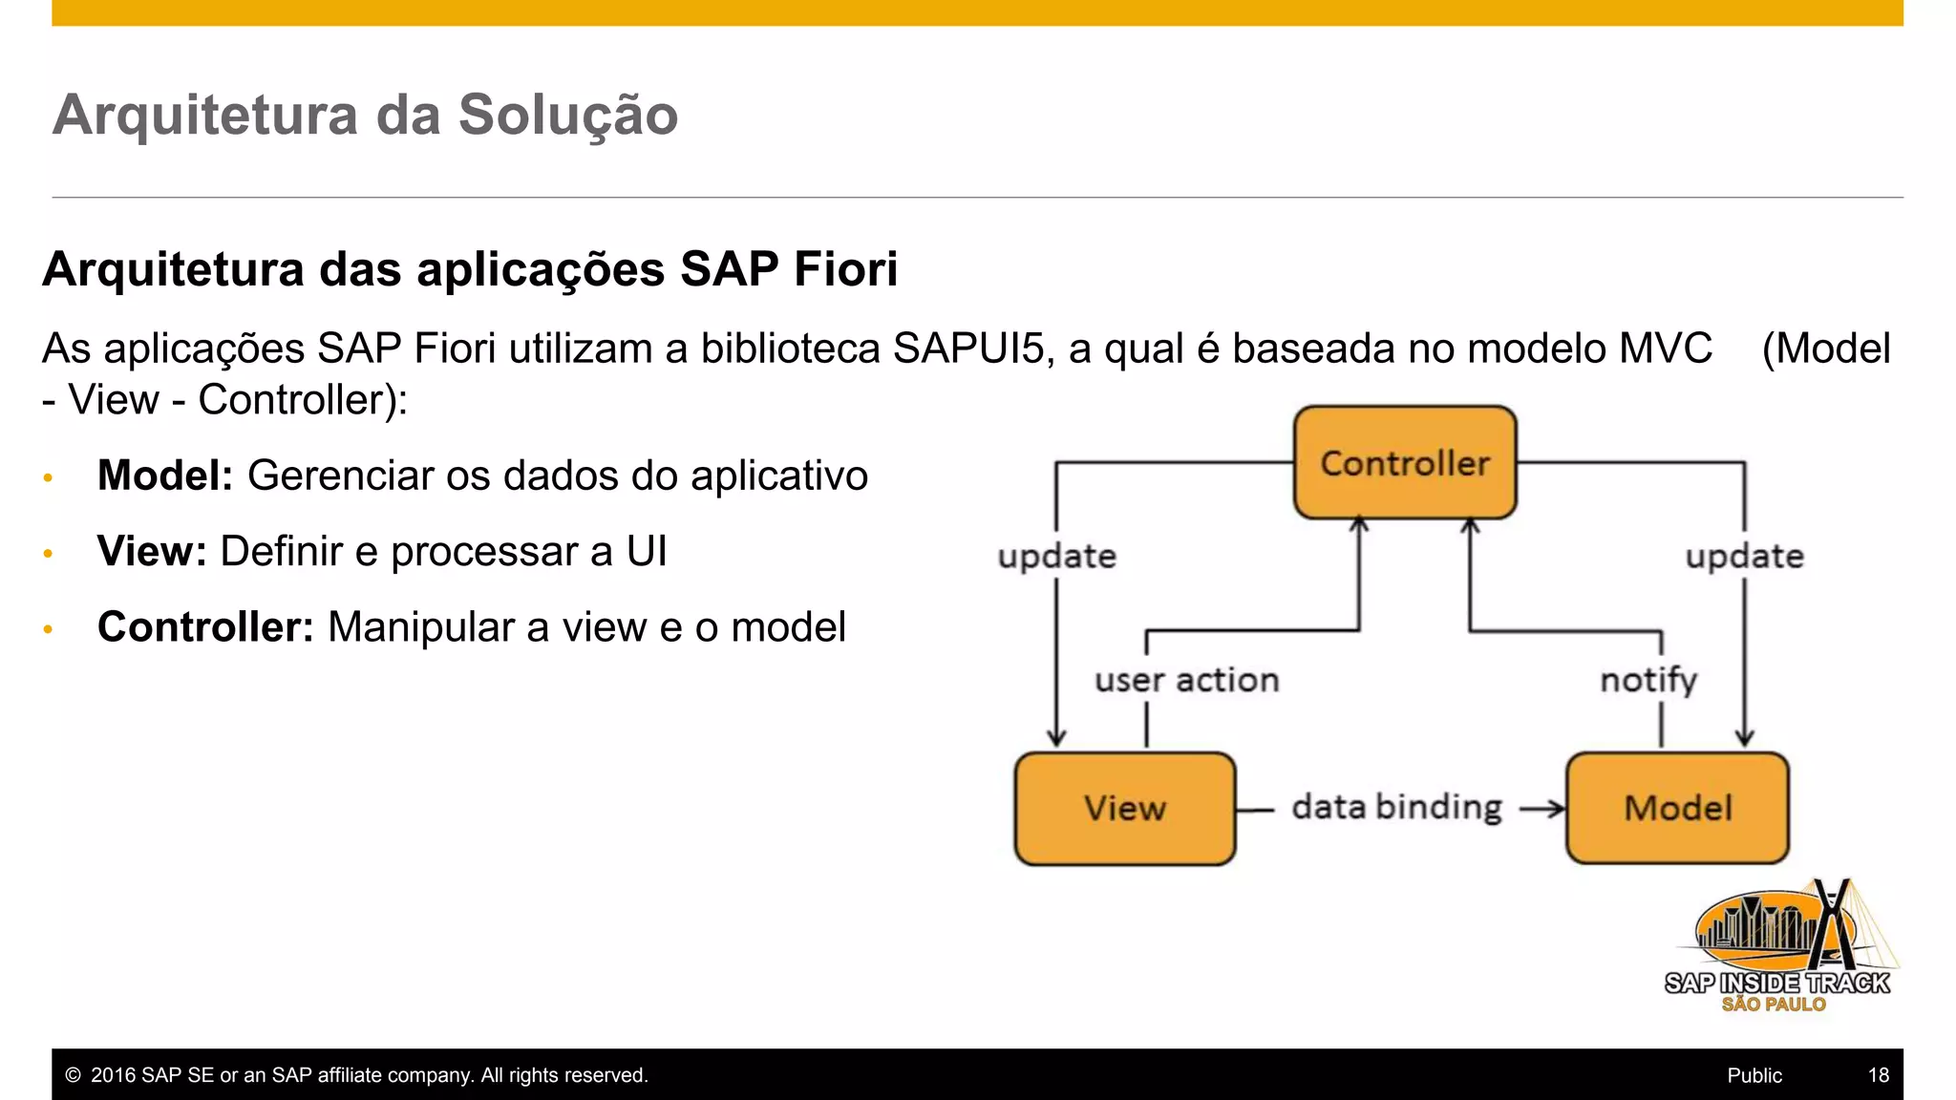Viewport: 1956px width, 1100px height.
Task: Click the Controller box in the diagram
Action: coord(1404,463)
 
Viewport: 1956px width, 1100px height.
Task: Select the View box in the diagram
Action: coord(1124,809)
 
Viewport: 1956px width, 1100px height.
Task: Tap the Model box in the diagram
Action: coord(1677,809)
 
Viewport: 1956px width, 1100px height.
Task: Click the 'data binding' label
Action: coord(1396,808)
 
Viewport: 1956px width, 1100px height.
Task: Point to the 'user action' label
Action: coord(1186,680)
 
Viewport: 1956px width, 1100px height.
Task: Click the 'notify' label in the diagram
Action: coord(1648,680)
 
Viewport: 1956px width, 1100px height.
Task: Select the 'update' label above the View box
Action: coord(1056,556)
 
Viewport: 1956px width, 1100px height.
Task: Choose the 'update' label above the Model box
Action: coord(1744,556)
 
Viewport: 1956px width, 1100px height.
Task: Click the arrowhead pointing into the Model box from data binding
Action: coord(1557,809)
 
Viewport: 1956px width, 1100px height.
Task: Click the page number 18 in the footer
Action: coord(1878,1075)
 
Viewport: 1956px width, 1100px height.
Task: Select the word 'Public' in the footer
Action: coord(1754,1075)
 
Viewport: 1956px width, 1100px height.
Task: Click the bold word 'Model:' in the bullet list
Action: coord(165,476)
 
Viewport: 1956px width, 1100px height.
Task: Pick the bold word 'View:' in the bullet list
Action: coord(152,551)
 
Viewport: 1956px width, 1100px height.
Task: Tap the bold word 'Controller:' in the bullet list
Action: coord(205,627)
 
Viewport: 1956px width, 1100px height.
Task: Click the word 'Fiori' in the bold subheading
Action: coord(845,268)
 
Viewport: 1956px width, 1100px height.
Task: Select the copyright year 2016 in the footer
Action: coord(113,1075)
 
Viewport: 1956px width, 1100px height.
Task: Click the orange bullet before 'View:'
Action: coord(48,554)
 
